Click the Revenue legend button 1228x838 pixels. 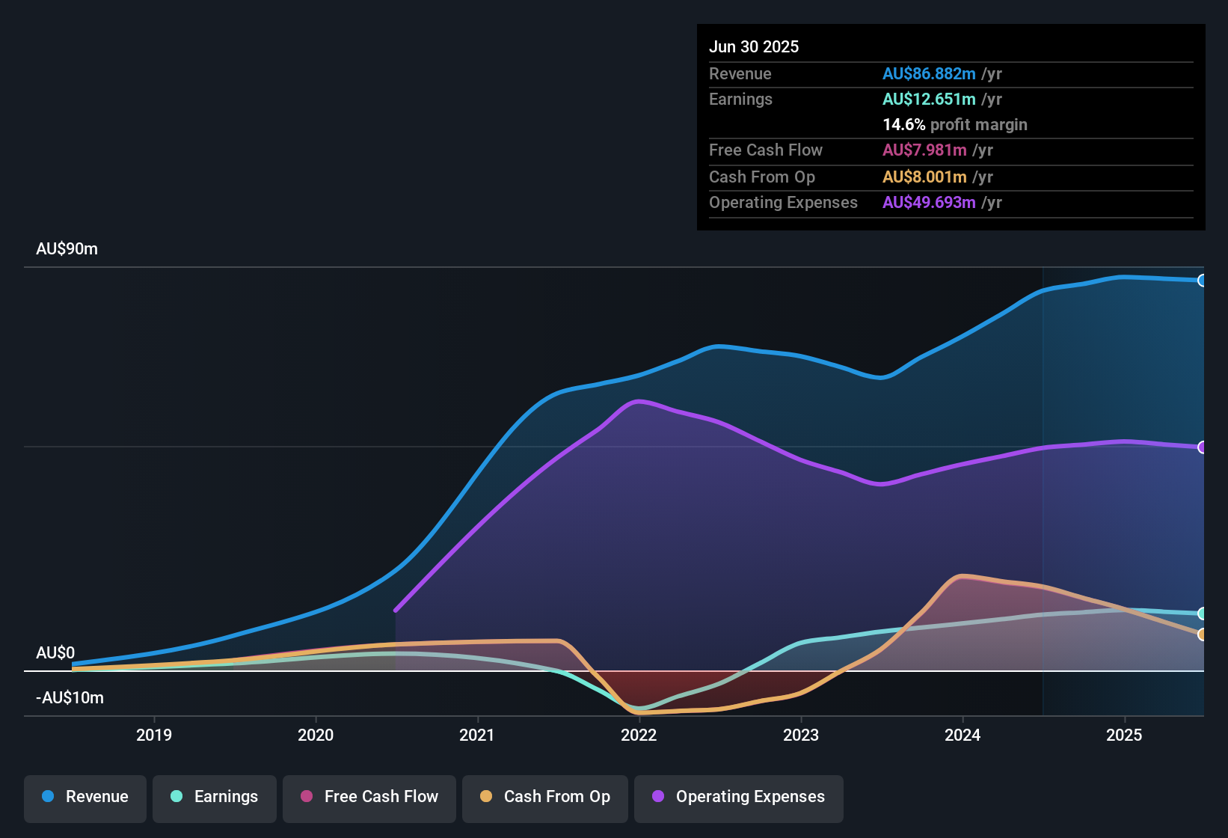tap(85, 797)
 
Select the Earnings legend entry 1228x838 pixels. tap(215, 797)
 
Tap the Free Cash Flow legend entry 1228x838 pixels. tap(369, 797)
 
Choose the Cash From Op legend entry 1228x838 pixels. tap(545, 797)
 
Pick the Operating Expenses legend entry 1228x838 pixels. tap(739, 797)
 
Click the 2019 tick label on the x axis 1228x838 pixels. tap(154, 735)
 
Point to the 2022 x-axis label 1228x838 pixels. tap(639, 735)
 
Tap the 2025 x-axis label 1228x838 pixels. tap(1124, 735)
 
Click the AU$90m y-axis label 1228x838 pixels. tap(67, 249)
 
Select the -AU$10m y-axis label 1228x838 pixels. tap(70, 698)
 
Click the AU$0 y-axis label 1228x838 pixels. tap(55, 653)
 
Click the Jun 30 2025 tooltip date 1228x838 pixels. tap(754, 47)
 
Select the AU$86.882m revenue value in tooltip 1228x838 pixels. tap(929, 74)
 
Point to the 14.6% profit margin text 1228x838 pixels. tap(954, 125)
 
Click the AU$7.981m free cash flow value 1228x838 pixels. tap(924, 150)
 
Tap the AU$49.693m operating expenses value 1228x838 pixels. tap(929, 203)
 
